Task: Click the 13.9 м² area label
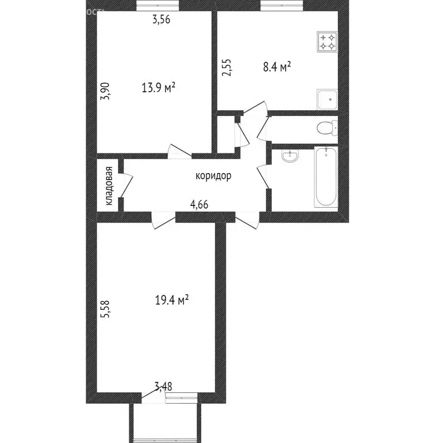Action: [x=159, y=88]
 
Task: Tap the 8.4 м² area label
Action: [x=277, y=67]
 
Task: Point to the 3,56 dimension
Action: [x=163, y=20]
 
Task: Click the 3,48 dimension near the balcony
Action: [x=164, y=386]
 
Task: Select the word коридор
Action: [x=213, y=176]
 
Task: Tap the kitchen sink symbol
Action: [x=327, y=99]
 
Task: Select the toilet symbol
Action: [x=327, y=127]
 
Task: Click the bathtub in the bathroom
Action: [x=326, y=177]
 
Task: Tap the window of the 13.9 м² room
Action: [x=157, y=6]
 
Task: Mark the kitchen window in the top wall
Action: [x=282, y=6]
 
